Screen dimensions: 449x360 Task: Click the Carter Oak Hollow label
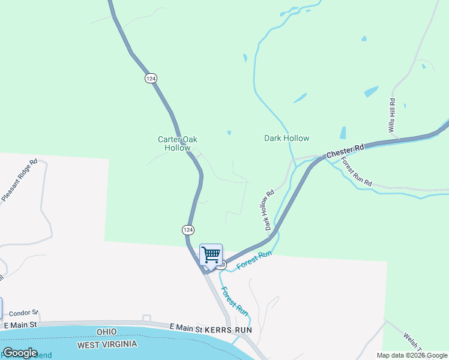pos(177,143)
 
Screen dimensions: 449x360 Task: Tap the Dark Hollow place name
pos(287,138)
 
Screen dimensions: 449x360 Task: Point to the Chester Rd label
pos(345,151)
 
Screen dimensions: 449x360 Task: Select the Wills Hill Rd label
pos(392,115)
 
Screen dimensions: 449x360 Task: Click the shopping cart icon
pos(211,254)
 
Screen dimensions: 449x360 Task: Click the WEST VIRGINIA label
pos(107,344)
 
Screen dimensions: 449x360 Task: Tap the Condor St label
pos(24,313)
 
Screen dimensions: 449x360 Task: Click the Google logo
pos(20,353)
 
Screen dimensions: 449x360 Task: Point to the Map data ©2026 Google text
pos(411,355)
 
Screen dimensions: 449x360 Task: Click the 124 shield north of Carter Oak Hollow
pos(151,78)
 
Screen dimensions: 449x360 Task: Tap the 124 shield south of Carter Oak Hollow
pos(188,230)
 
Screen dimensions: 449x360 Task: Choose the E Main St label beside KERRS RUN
pos(185,327)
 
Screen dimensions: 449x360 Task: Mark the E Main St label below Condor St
pos(20,325)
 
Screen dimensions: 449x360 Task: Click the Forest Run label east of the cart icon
pos(255,260)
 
